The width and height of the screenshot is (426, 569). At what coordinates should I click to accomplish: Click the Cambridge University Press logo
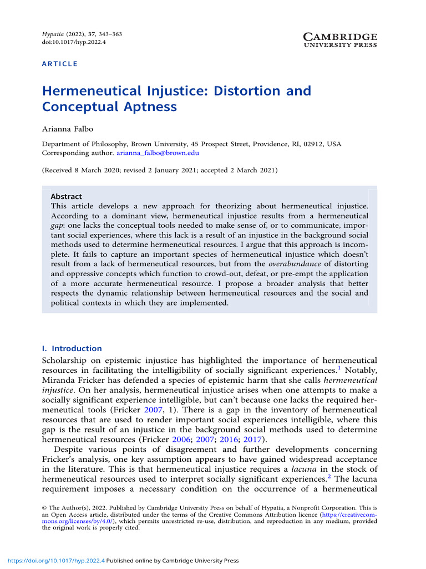(341, 39)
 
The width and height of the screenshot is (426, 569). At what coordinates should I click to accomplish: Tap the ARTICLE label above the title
(60, 64)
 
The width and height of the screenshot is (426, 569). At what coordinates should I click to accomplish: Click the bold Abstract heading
(66, 196)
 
